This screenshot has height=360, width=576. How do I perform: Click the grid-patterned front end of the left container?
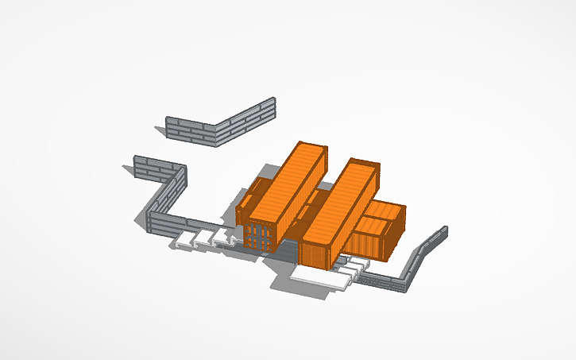pos(258,235)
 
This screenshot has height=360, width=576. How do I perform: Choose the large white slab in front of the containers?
pos(321,277)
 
